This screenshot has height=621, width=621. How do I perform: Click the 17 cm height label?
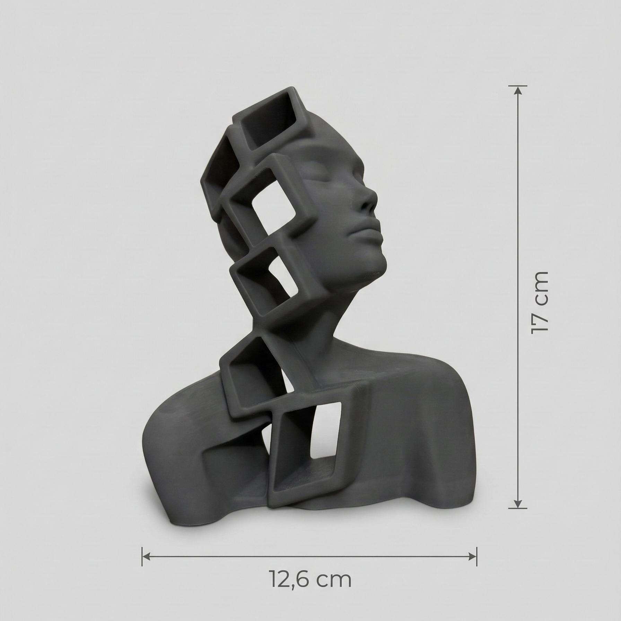click(540, 302)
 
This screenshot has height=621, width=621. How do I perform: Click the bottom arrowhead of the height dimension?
click(518, 504)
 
